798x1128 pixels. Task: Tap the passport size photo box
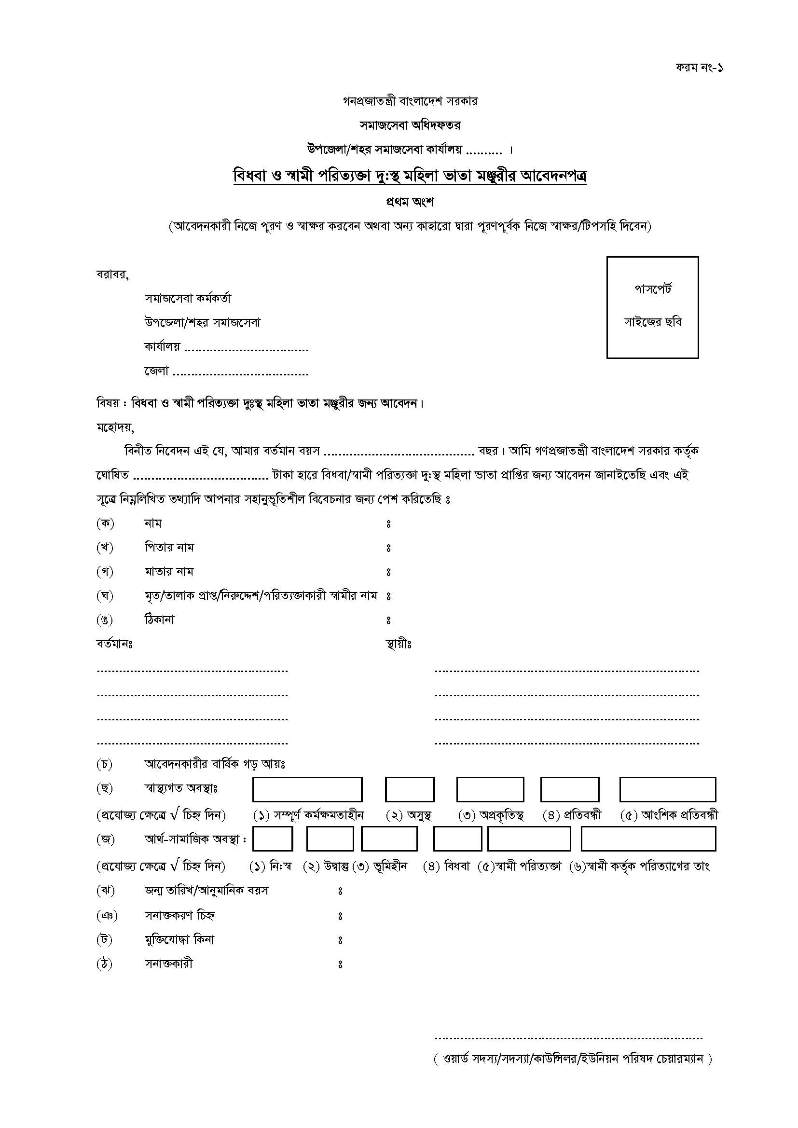(653, 307)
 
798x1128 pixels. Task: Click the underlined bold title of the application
(410, 176)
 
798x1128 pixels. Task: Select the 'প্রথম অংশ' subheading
(410, 202)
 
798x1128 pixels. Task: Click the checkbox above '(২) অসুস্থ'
(410, 789)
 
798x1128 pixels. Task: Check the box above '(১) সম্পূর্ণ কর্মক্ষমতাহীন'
(307, 789)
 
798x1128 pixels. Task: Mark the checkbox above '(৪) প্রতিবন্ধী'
(569, 789)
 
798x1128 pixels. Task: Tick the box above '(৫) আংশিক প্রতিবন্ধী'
(667, 789)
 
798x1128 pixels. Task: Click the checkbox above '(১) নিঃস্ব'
(273, 839)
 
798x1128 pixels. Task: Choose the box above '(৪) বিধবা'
(457, 839)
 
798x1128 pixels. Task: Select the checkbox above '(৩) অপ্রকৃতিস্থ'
(490, 789)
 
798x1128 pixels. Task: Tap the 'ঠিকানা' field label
(159, 620)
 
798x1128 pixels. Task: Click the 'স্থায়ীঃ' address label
(399, 644)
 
